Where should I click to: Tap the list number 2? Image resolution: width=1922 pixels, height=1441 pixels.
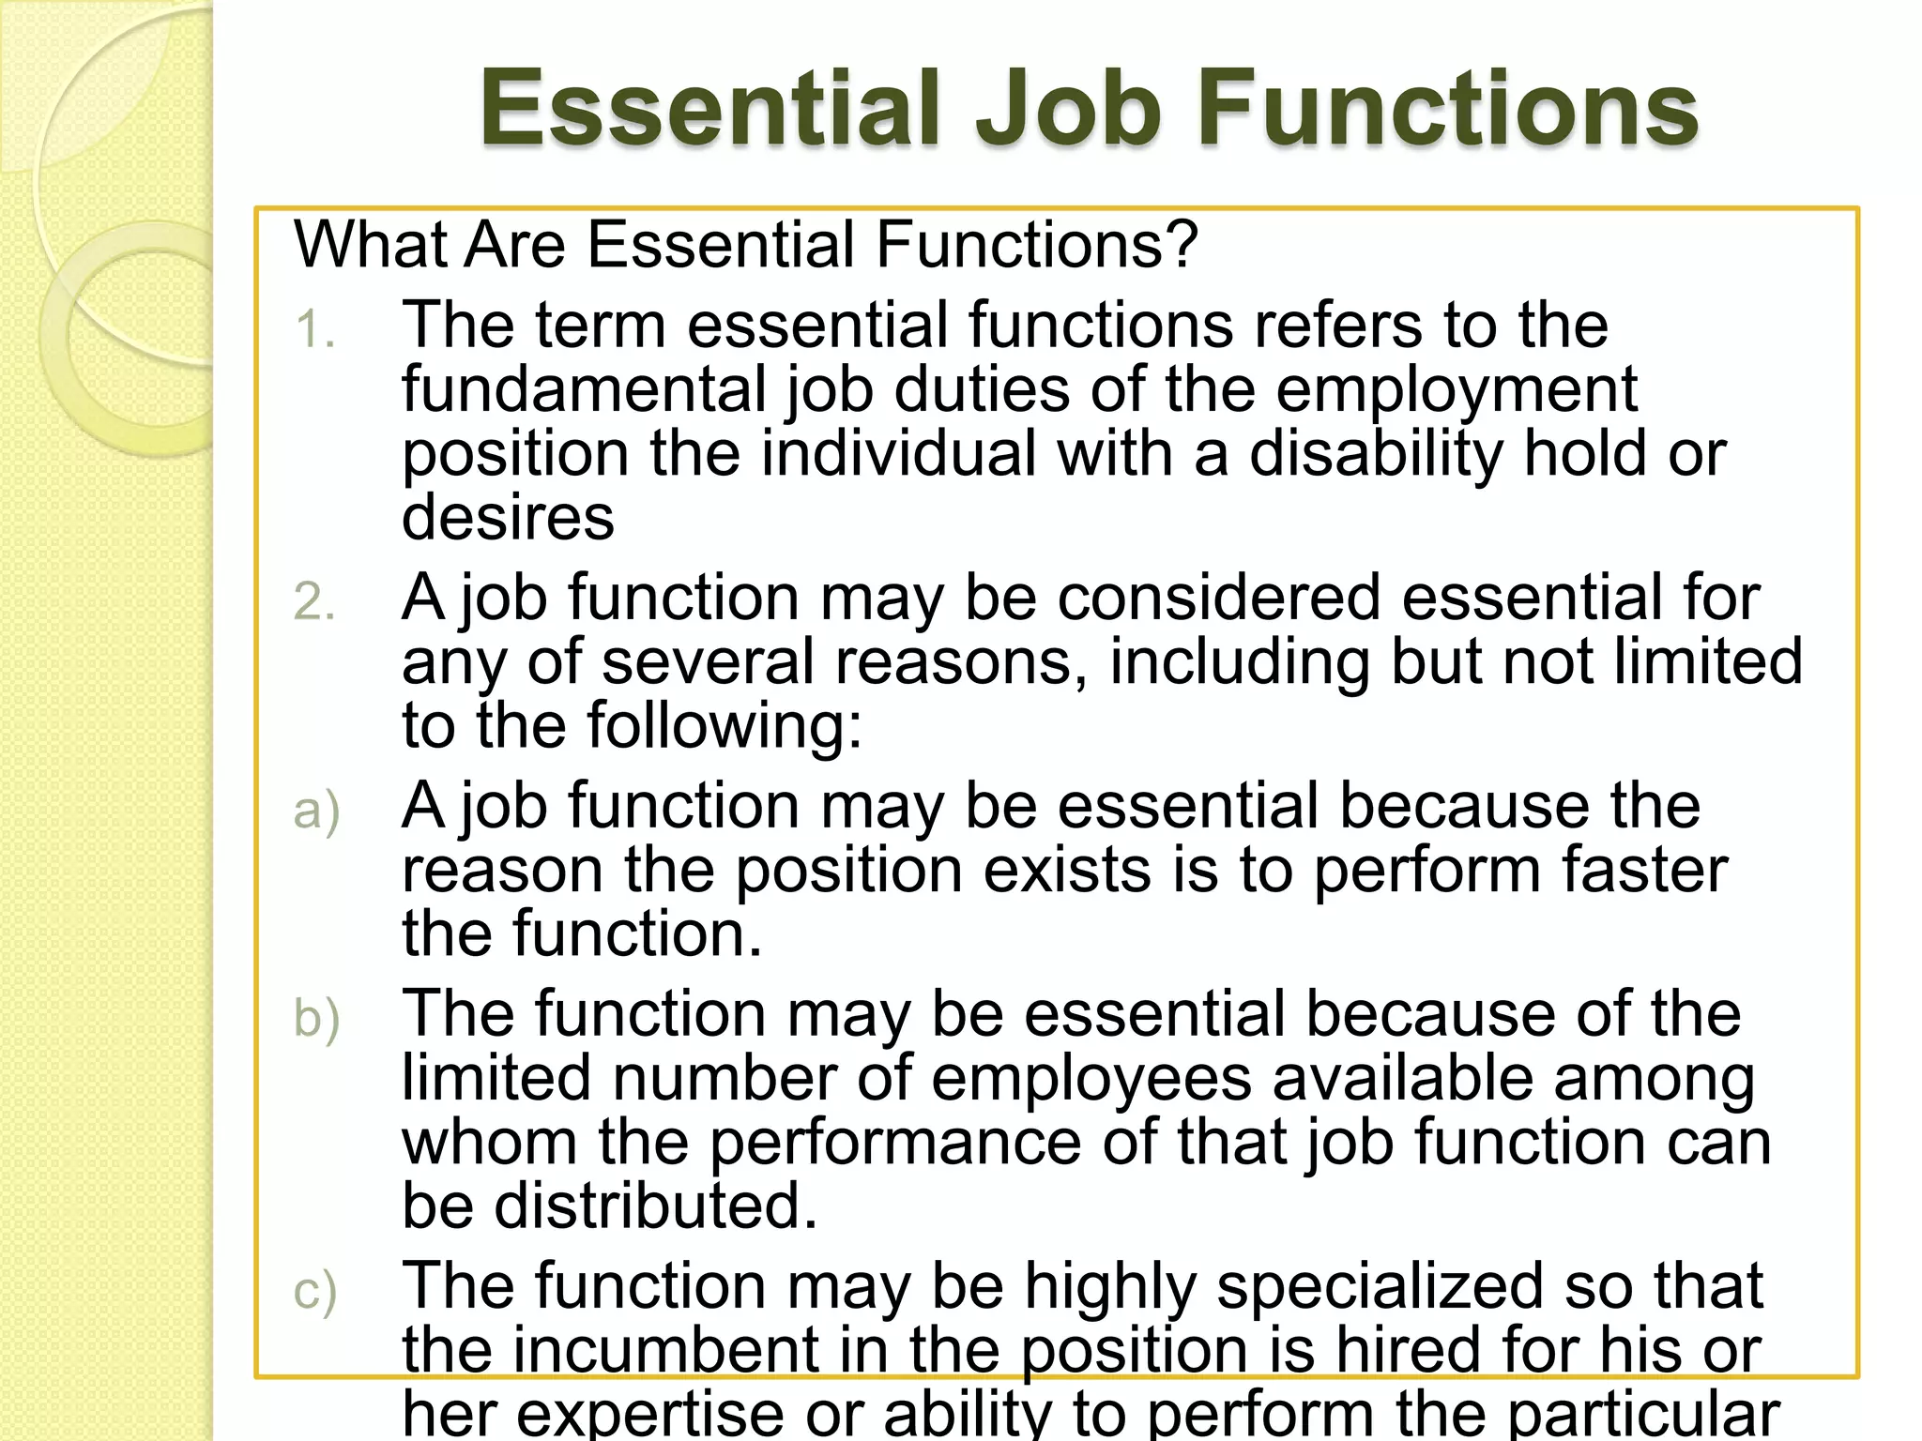(313, 601)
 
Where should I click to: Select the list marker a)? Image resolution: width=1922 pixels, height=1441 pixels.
(315, 811)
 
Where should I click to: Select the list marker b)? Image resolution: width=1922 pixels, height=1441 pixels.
(315, 1019)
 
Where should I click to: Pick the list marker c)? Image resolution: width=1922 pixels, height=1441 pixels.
(314, 1291)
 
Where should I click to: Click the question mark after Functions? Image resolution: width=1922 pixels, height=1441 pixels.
(1183, 245)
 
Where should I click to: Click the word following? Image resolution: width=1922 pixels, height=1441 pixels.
(716, 726)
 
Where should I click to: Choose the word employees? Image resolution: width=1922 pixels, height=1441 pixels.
(1091, 1078)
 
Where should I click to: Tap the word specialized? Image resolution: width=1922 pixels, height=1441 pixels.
(1380, 1287)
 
